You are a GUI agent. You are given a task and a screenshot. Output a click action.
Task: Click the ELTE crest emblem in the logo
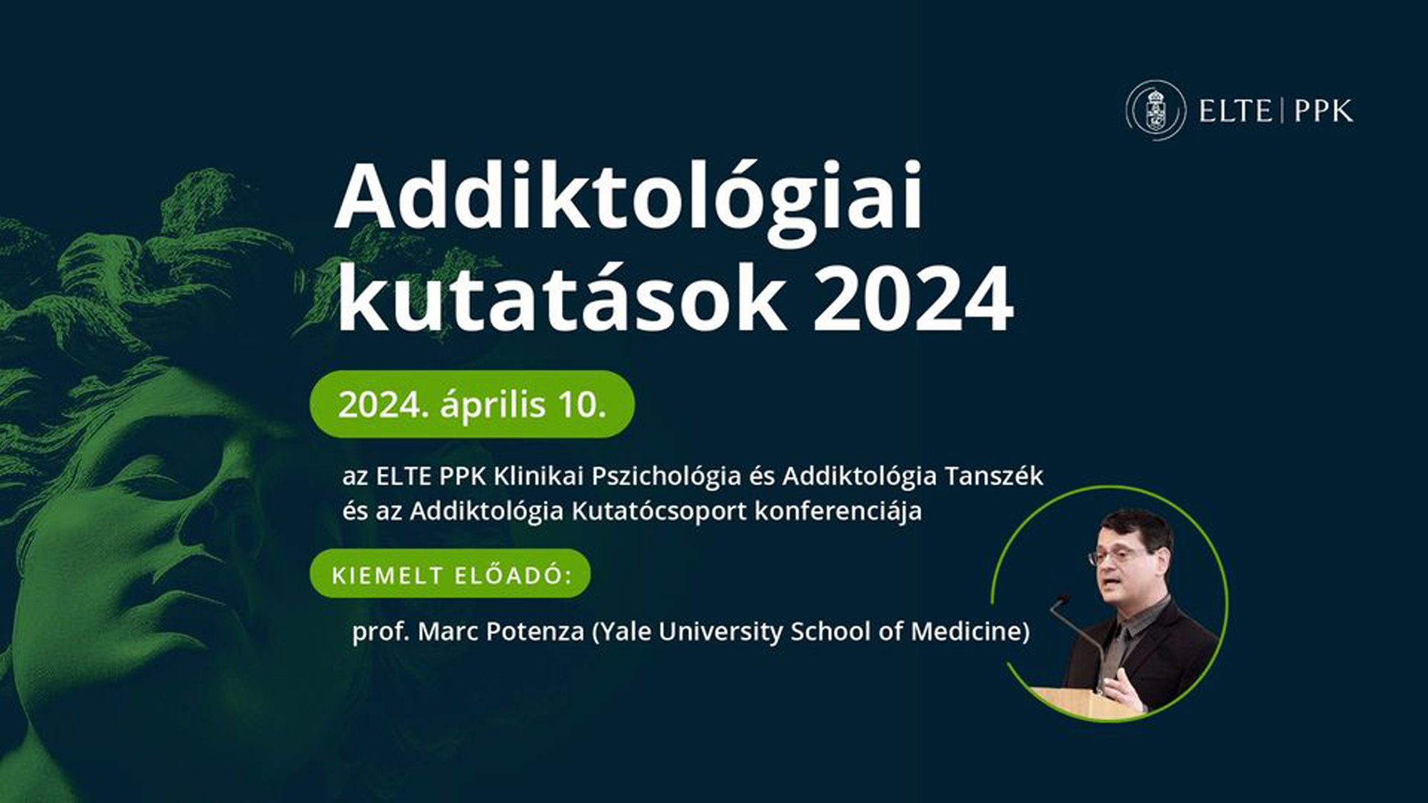(x=1155, y=111)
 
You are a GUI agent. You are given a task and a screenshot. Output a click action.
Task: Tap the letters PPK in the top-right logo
(x=1323, y=111)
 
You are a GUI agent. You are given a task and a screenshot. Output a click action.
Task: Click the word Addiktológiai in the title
(x=628, y=196)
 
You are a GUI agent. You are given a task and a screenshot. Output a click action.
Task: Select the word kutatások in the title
(x=560, y=300)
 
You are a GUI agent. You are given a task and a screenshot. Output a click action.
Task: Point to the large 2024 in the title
(x=913, y=300)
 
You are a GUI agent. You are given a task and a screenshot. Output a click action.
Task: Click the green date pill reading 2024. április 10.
(x=472, y=404)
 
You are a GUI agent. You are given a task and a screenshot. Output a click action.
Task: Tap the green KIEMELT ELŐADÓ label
(x=451, y=575)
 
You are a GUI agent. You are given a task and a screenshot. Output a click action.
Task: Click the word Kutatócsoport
(x=659, y=511)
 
